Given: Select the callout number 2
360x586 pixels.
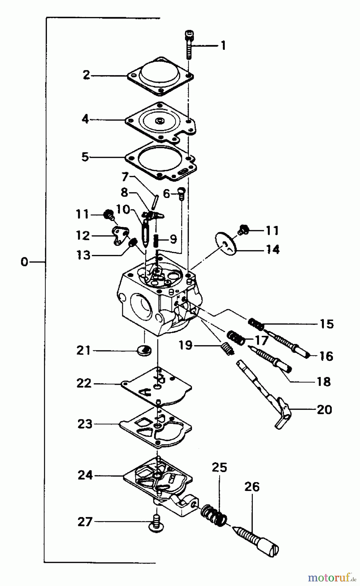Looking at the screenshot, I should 86,75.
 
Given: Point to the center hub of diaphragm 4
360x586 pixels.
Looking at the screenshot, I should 160,121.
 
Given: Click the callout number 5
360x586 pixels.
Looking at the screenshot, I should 85,157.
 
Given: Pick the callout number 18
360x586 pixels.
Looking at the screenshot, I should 324,381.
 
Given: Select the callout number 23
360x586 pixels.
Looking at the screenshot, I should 85,424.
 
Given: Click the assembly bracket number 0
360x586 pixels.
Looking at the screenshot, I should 24,262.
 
